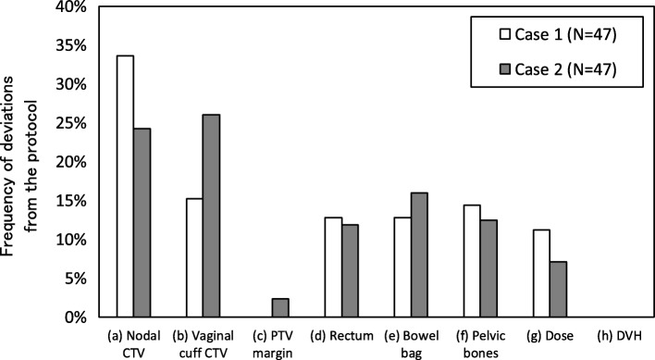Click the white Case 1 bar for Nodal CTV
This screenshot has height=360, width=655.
[x=125, y=186]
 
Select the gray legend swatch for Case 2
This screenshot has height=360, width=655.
[x=482, y=68]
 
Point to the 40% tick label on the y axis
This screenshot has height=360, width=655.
[x=69, y=7]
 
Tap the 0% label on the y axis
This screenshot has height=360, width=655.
[x=74, y=317]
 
